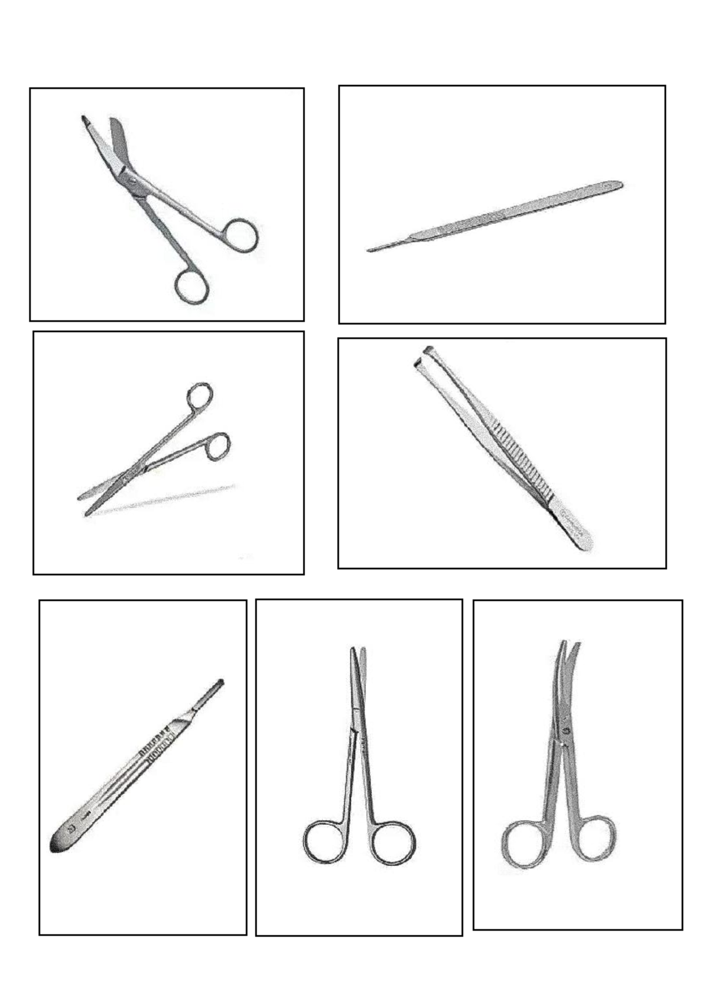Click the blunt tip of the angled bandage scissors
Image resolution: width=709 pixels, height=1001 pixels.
pos(84,119)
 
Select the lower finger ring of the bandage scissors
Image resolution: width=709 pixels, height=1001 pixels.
pos(191,286)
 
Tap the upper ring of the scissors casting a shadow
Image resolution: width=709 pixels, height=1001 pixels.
pos(200,396)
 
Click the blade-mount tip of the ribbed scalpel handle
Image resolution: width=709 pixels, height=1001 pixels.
pos(220,684)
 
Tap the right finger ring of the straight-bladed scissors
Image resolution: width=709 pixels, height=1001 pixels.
pos(393,841)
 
